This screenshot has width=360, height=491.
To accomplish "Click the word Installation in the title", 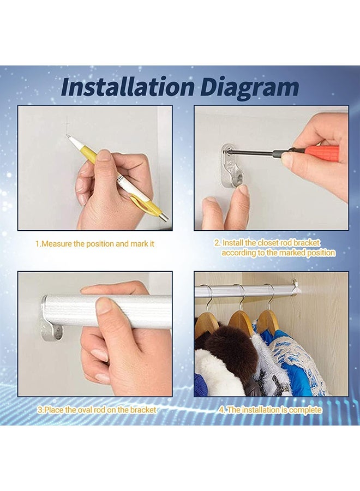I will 127,87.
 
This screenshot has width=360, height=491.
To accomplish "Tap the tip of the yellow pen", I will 70,137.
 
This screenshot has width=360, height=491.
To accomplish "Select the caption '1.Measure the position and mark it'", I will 95,244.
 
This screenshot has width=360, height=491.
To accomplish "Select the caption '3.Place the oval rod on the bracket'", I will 97,410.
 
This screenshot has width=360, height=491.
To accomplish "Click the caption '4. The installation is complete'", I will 271,410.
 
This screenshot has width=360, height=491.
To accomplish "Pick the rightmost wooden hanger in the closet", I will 268,320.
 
